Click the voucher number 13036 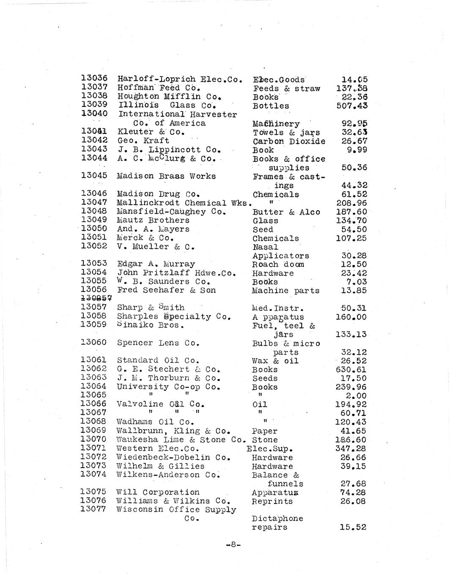94,79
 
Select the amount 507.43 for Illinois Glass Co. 352,106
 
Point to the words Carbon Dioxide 289,142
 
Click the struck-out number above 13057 94,299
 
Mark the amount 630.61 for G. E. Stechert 351,370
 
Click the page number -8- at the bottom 233,545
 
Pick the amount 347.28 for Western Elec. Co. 351,449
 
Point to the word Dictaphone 277,518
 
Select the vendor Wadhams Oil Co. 155,422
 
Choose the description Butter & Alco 286,212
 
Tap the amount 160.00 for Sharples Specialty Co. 351,317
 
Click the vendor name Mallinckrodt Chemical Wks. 182,203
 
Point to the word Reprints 272,501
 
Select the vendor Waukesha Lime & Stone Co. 181,440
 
